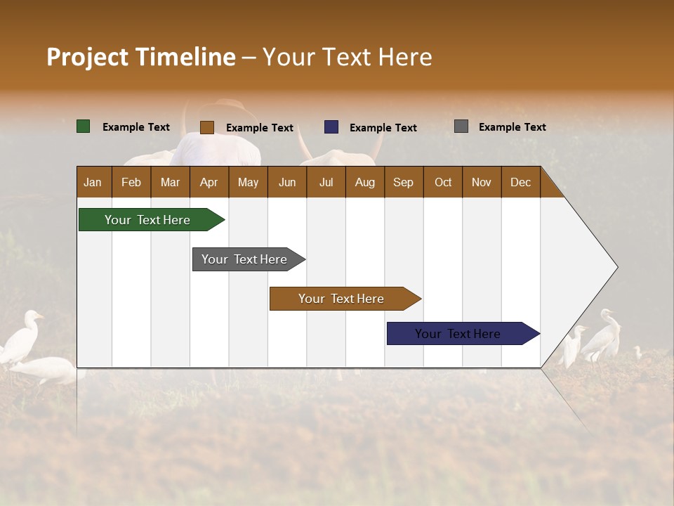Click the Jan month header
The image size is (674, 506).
tap(93, 182)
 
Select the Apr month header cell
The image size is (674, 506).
tap(209, 182)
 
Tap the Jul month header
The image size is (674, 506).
tap(326, 182)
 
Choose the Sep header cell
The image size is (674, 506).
tap(404, 182)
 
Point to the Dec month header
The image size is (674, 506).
tap(520, 182)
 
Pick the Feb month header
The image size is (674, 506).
tap(131, 182)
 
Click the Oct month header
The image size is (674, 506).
tap(443, 182)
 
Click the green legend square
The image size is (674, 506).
tap(84, 126)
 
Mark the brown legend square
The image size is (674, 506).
tap(207, 127)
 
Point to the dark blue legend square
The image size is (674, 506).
tap(331, 127)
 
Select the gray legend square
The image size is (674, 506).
tap(461, 126)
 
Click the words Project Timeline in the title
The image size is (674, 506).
tap(141, 57)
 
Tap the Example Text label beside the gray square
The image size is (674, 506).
tap(512, 127)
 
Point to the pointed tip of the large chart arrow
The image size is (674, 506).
tap(616, 267)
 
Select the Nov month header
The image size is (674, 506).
tap(482, 182)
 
